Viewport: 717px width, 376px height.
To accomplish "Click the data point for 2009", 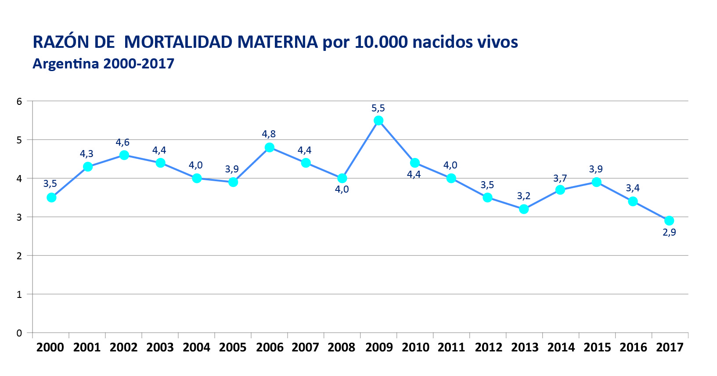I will tap(378, 121).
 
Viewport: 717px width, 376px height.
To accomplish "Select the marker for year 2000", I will tap(51, 197).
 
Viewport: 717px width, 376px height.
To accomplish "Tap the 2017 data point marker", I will tap(669, 221).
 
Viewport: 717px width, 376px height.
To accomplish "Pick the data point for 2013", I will tap(524, 209).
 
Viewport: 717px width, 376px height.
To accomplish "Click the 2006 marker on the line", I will tap(270, 147).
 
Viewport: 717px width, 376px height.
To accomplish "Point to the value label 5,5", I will tap(378, 108).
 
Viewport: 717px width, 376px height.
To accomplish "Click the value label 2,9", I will tap(669, 233).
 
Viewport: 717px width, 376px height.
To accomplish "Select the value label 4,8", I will tap(269, 134).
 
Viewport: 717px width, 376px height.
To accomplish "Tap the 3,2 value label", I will tap(524, 196).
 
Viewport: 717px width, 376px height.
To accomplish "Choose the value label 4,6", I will tap(123, 143).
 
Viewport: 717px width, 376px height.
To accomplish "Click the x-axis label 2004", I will tap(196, 347).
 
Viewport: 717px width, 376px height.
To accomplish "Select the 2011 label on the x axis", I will tap(451, 347).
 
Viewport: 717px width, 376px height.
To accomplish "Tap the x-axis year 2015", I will tap(597, 347).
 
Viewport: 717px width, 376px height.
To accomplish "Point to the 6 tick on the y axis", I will tap(19, 101).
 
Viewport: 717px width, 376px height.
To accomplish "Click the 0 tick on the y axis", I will tap(19, 333).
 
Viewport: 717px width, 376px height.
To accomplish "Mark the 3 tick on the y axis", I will tap(19, 217).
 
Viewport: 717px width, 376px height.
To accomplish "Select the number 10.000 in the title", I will tap(381, 43).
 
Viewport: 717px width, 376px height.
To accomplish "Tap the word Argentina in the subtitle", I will tap(65, 64).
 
